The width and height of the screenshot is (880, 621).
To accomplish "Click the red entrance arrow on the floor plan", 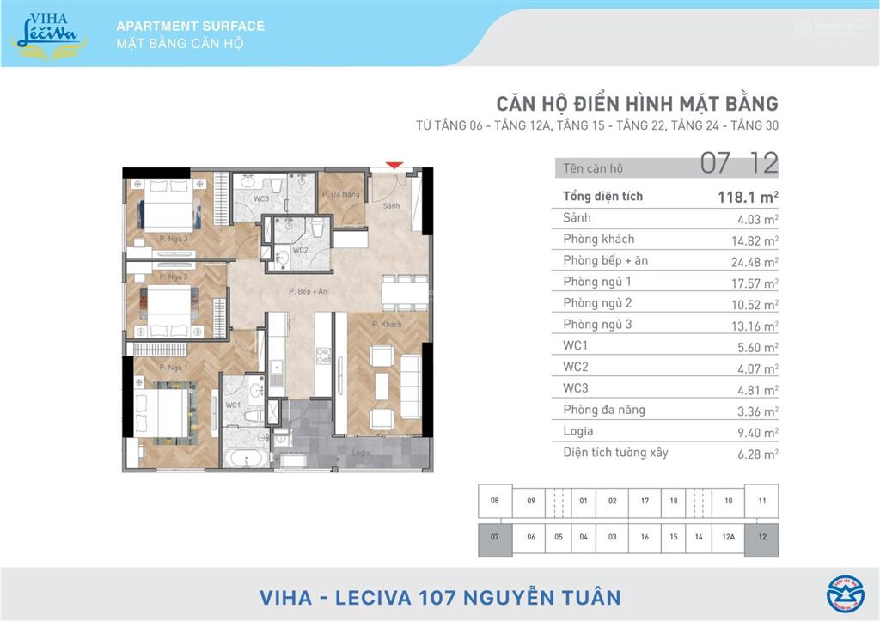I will tap(394, 164).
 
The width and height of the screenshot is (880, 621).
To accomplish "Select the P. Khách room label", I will tap(387, 324).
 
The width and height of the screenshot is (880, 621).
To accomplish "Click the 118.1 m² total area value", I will tap(747, 197).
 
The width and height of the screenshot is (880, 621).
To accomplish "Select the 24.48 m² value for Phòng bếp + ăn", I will tap(757, 262).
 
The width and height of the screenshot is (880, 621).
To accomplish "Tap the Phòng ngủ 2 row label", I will tap(597, 303).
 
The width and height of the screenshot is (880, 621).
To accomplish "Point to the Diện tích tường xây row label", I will tap(615, 453).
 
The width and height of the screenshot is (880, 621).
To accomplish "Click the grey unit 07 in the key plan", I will tap(494, 538).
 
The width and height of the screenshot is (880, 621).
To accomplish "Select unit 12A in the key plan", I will tap(729, 538).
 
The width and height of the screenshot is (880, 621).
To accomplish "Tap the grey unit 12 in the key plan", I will tap(762, 538).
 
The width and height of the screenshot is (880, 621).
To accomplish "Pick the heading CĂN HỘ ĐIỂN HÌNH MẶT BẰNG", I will tap(637, 105).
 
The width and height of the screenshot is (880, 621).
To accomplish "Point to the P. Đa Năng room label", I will tap(340, 195).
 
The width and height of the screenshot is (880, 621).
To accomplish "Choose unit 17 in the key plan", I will tap(645, 501).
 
